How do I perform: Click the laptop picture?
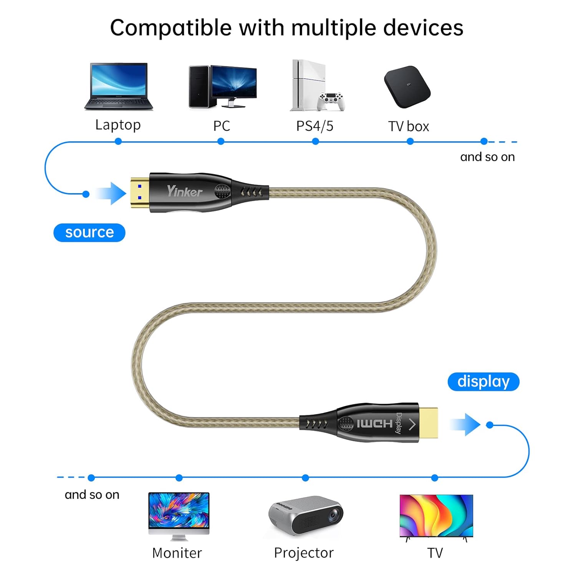pos(118,87)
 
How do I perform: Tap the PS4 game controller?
pos(331,101)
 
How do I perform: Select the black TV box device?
pos(407,87)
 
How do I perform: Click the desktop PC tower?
pos(199,87)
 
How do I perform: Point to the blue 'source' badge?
pos(89,233)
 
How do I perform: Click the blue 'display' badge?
pos(483,382)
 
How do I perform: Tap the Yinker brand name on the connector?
pos(184,191)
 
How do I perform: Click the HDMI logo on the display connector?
pos(374,424)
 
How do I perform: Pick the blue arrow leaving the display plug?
pos(465,425)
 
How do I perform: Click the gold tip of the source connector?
pos(140,192)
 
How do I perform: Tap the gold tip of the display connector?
pos(428,423)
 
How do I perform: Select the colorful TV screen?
pos(436,515)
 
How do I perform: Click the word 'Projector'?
pos(304,553)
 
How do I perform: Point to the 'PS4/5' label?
pos(314,126)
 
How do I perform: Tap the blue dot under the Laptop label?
pos(118,141)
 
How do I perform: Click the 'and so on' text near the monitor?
pos(92,495)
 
